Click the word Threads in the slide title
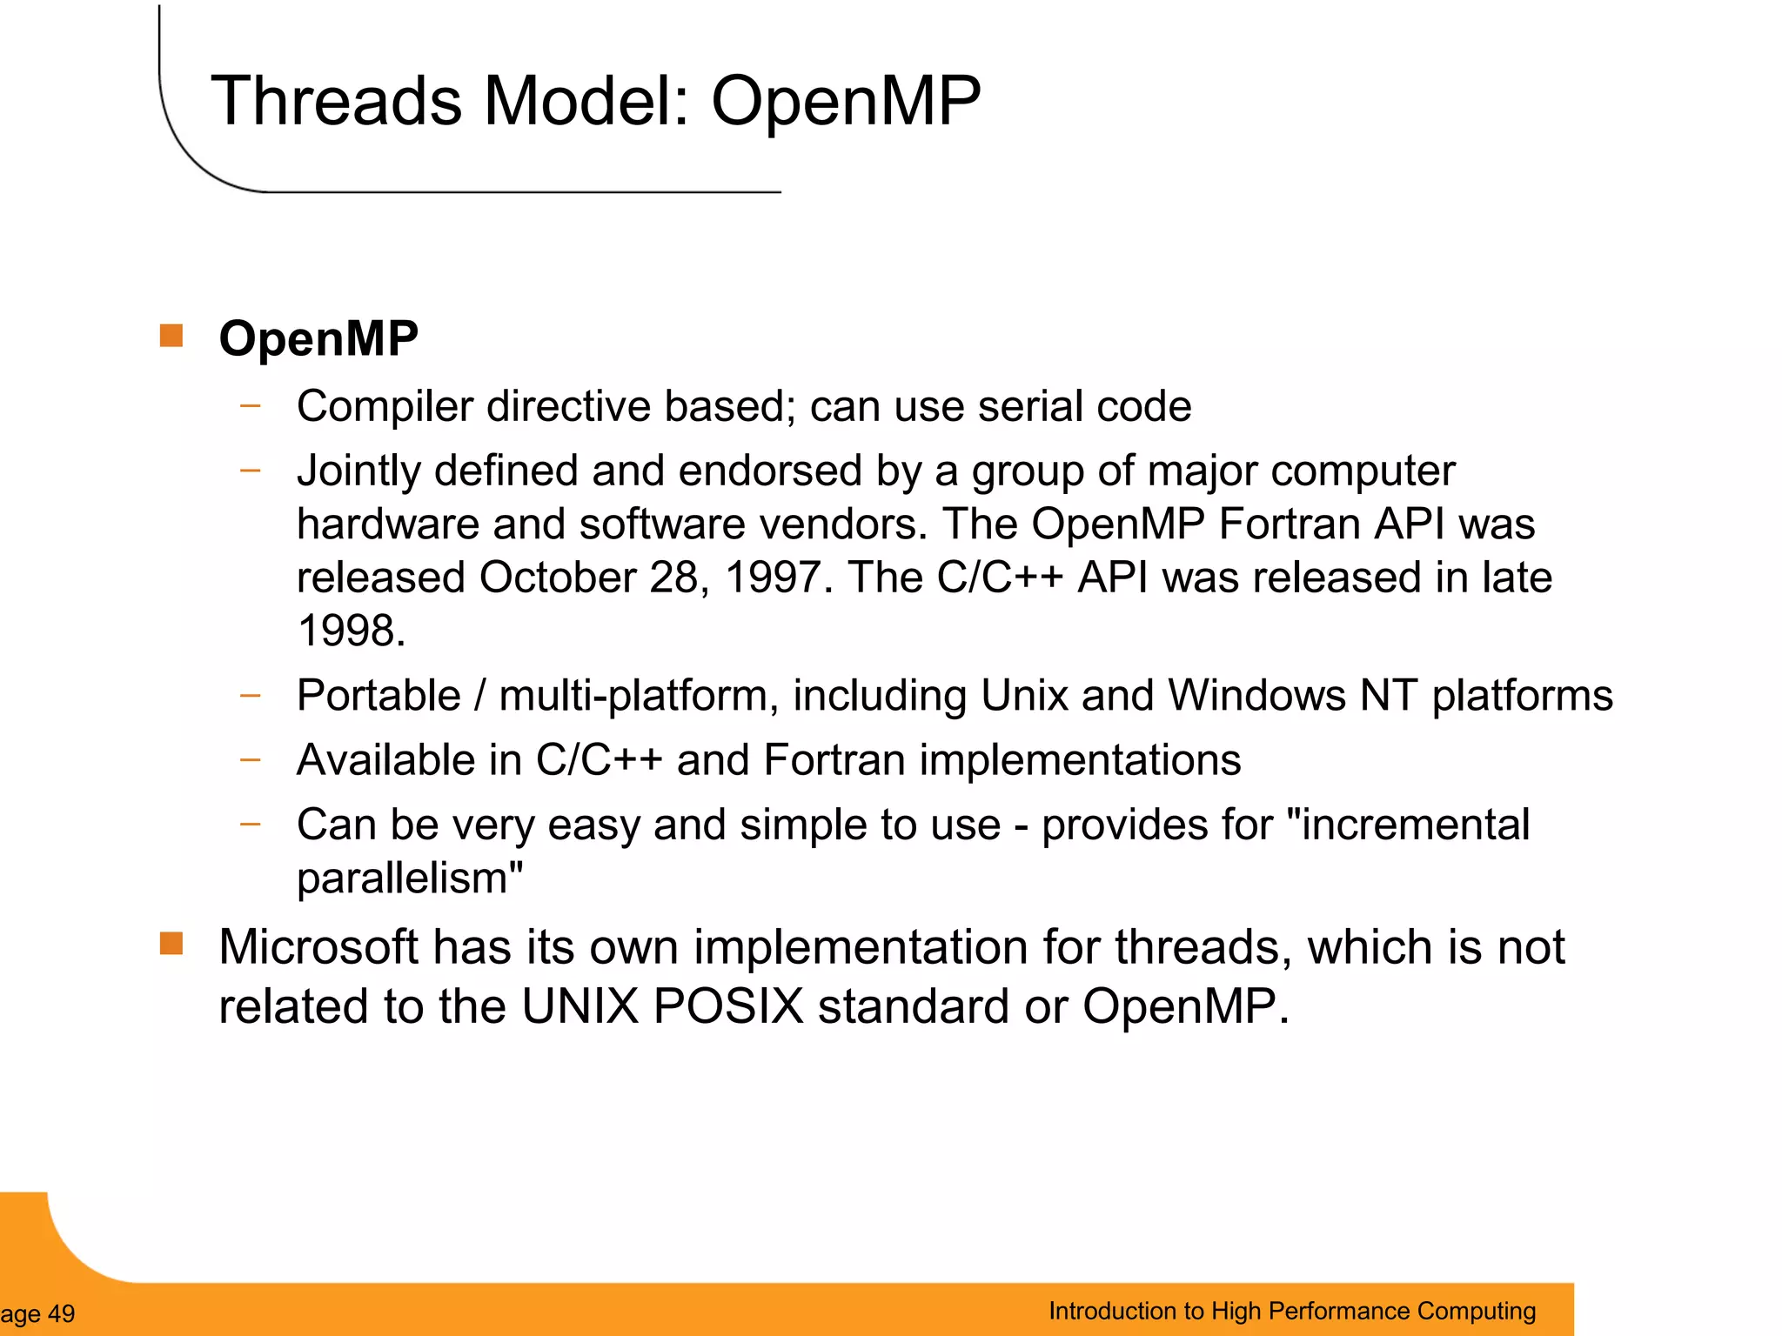336,101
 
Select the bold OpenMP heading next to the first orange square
318,338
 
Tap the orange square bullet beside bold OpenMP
171,336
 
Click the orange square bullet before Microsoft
171,944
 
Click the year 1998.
350,631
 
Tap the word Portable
379,696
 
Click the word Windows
1256,696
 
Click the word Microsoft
318,947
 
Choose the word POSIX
727,1007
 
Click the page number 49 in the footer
61,1313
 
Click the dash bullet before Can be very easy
251,823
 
